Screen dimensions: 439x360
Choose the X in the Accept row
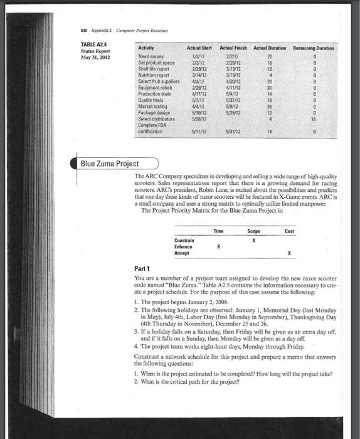(289, 253)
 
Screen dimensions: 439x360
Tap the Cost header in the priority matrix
(289, 231)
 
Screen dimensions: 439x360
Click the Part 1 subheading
(144, 268)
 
